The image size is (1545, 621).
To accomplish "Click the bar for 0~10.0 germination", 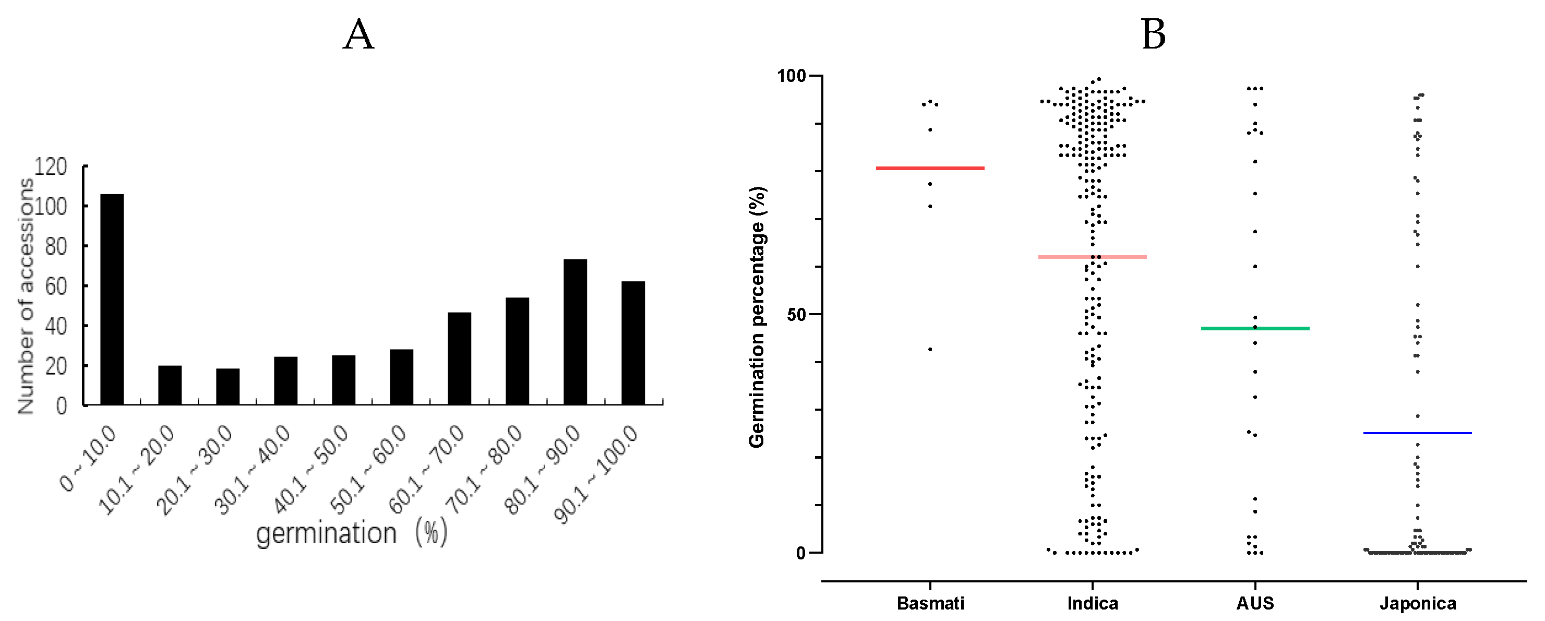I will (x=112, y=300).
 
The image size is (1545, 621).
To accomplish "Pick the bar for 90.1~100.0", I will (x=633, y=343).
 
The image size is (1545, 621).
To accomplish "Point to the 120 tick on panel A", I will (x=51, y=166).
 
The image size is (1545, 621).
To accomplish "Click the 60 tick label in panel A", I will (x=55, y=286).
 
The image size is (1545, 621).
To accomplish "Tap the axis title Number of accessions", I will (x=25, y=296).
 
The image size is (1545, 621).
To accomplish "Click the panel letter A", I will (x=358, y=34).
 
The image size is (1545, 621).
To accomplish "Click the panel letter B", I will (x=1153, y=34).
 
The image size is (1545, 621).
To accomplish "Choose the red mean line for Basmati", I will (x=930, y=169).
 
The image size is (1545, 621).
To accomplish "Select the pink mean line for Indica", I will (x=1092, y=257).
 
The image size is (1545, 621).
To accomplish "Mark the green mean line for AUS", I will (x=1255, y=328).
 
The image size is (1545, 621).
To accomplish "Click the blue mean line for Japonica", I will (x=1417, y=433).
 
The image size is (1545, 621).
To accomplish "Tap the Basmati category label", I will (x=930, y=603).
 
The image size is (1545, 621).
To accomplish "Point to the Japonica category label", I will (x=1417, y=603).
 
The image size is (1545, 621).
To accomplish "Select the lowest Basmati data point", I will (x=930, y=349).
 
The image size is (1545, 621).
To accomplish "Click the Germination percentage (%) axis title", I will (x=757, y=317).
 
